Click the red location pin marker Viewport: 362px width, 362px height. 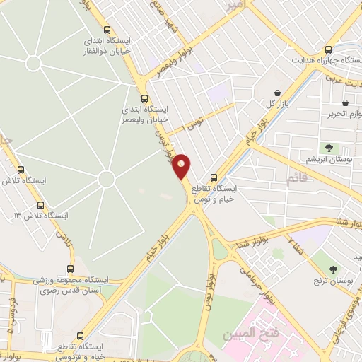tap(182, 165)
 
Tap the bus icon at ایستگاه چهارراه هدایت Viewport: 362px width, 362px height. tap(327, 49)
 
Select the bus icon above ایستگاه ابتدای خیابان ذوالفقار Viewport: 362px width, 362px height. tap(107, 30)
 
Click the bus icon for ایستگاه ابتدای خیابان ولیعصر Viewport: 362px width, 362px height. tap(145, 98)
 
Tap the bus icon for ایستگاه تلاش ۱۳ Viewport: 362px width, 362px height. tap(40, 205)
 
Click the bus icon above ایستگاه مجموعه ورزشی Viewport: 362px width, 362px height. tap(69, 269)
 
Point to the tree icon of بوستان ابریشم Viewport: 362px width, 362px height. tap(329, 148)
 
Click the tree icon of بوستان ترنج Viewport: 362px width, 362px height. tap(333, 269)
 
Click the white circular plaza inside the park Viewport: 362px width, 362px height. tap(106, 179)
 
